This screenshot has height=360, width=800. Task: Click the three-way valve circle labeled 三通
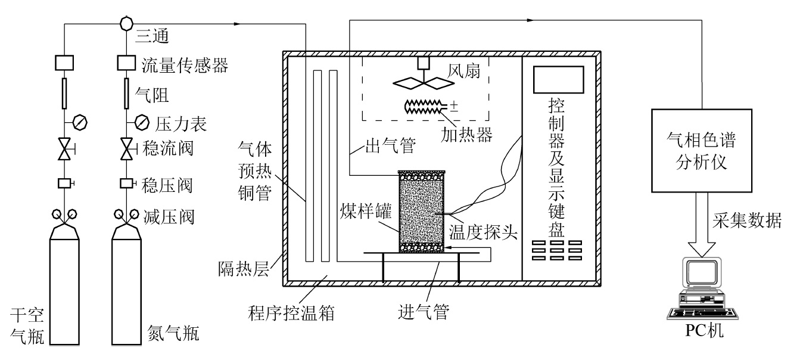coord(126,24)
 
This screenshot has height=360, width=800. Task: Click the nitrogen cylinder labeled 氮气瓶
coord(127,286)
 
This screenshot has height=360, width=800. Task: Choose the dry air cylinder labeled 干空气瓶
coord(64,286)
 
